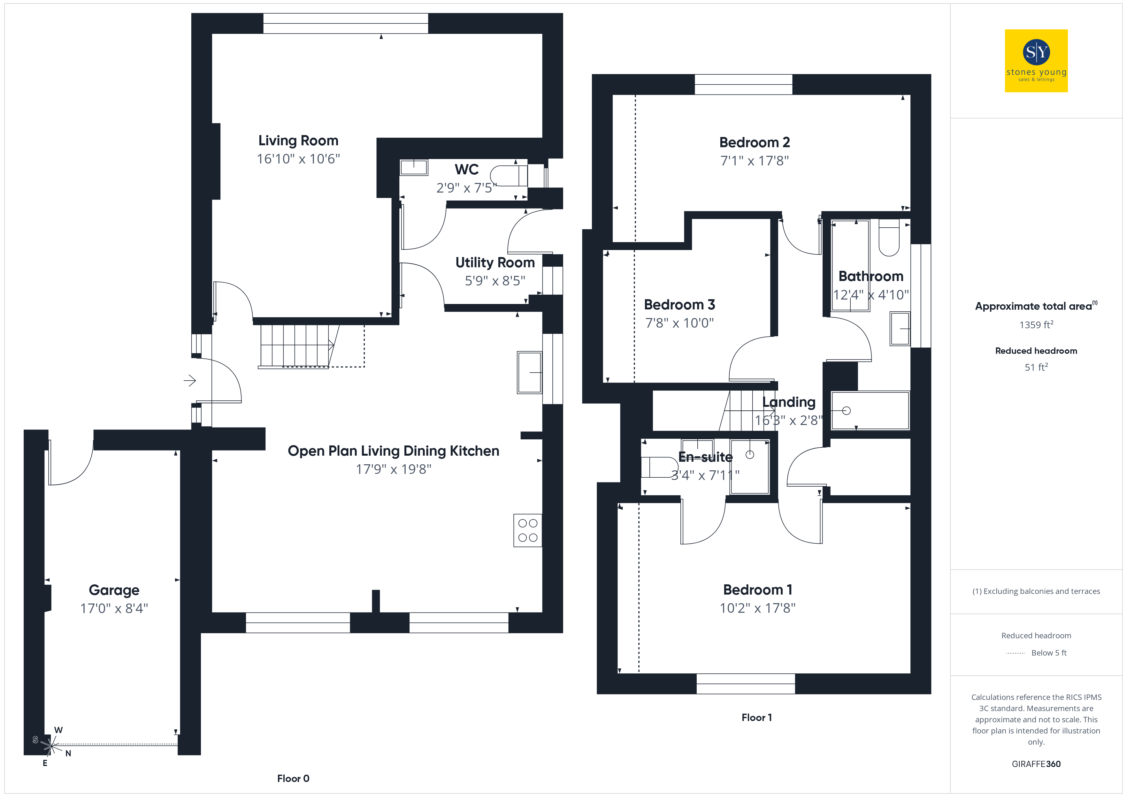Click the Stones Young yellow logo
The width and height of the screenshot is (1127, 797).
(x=1036, y=61)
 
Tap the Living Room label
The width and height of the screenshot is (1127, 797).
(x=298, y=141)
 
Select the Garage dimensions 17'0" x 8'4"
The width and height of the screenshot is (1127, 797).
(x=114, y=609)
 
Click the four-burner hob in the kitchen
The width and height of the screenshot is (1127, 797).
(x=528, y=530)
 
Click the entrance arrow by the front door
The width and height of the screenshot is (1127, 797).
(x=190, y=380)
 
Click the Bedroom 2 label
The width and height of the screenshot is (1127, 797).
(x=755, y=143)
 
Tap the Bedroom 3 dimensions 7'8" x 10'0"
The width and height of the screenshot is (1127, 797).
(x=680, y=323)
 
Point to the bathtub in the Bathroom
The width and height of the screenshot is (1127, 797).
(x=850, y=265)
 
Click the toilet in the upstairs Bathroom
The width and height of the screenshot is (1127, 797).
(x=889, y=238)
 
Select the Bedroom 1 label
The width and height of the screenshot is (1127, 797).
(x=758, y=590)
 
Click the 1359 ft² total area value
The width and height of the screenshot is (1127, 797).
(x=1036, y=324)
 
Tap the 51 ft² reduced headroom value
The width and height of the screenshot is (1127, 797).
(x=1036, y=367)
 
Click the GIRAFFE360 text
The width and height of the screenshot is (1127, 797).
(x=1036, y=764)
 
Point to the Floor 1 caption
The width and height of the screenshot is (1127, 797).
(x=757, y=717)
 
